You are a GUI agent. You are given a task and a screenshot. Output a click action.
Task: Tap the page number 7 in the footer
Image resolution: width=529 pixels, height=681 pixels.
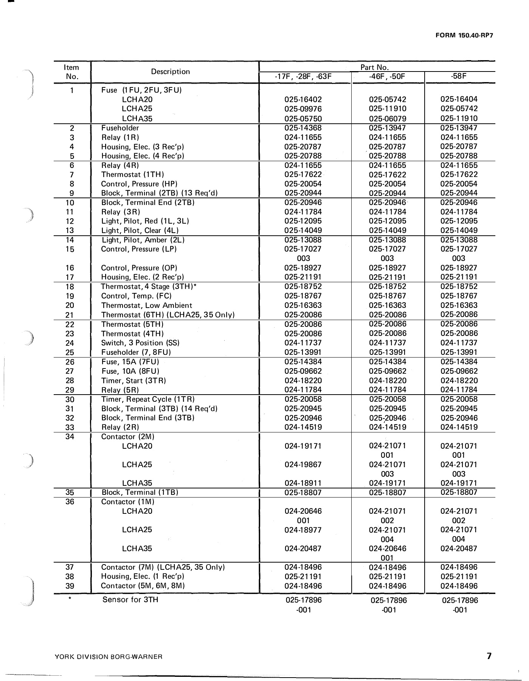pos(489,656)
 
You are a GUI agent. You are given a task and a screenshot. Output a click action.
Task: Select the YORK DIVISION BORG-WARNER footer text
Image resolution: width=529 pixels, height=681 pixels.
pos(109,657)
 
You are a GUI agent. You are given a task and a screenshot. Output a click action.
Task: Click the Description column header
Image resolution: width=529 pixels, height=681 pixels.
pos(170,72)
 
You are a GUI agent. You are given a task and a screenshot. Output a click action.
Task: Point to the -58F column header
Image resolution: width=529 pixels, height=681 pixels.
pos(459,76)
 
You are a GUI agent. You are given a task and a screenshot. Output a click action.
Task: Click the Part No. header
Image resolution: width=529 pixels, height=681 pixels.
pos(374,67)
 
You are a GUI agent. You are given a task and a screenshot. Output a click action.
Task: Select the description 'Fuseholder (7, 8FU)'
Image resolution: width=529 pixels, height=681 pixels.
pos(136,352)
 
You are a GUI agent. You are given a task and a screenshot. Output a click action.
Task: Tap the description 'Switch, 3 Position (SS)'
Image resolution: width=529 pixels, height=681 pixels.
pos(140,343)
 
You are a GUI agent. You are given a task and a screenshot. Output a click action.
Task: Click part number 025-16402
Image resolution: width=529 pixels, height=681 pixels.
pos(303,100)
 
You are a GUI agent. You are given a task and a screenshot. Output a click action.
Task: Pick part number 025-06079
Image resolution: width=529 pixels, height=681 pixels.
pos(387,118)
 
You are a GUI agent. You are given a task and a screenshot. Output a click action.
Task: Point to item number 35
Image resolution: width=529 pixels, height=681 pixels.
pos(70,492)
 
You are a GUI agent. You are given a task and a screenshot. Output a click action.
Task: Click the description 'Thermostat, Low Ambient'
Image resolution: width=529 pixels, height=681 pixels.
pos(146,305)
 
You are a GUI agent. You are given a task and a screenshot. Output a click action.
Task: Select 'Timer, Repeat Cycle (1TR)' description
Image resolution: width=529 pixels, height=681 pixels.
pos(148,399)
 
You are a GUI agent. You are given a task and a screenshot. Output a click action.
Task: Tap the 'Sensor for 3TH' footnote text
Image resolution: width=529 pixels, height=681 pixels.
pos(130,600)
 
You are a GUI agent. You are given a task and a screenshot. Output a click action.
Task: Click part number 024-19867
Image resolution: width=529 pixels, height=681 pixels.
pos(303,465)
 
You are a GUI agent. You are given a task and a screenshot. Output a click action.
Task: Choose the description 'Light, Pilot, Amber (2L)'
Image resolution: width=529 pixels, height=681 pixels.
pos(143,240)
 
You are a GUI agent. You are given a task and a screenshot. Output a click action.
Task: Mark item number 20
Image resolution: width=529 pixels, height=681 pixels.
pos(70,305)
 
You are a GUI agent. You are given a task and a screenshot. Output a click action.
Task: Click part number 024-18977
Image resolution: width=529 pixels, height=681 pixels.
pos(303,530)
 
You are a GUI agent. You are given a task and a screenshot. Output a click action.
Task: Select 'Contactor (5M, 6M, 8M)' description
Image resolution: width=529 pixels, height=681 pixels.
pos(143,586)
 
